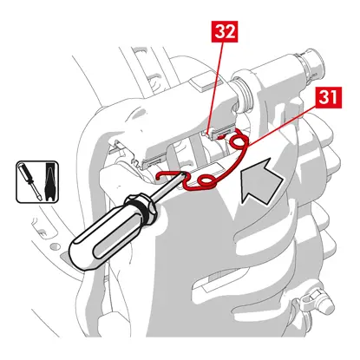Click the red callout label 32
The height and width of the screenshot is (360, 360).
(x=225, y=31)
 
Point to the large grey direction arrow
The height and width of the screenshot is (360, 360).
(x=259, y=182)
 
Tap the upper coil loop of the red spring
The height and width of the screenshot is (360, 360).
(x=239, y=141)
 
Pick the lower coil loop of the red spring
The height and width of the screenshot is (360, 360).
(x=206, y=181)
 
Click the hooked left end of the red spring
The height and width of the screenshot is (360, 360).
(x=163, y=175)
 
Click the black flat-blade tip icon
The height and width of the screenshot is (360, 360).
(x=50, y=181)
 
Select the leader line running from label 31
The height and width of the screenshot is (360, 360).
(x=282, y=126)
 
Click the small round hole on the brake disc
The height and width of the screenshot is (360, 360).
(x=54, y=247)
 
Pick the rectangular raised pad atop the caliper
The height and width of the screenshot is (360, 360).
(x=205, y=81)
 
